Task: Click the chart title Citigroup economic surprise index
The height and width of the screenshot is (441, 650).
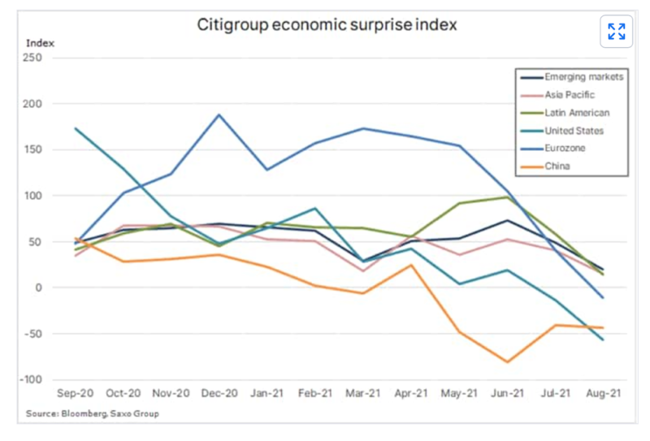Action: (327, 24)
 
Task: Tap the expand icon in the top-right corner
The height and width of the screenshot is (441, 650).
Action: (617, 32)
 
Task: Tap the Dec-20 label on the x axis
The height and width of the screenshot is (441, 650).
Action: (218, 391)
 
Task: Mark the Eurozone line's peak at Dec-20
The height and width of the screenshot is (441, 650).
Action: (219, 115)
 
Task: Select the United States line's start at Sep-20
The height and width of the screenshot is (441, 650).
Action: (75, 128)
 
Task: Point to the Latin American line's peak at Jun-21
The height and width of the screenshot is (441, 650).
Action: (507, 197)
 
